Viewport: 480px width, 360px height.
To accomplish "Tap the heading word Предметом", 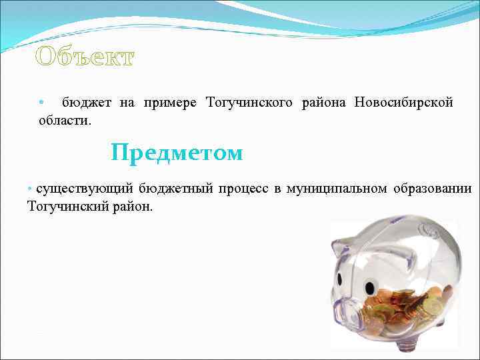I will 177,153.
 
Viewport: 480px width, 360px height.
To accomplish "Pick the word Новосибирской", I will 404,103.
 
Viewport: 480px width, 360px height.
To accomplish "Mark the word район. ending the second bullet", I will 134,207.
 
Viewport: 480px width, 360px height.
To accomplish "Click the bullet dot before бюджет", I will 41,103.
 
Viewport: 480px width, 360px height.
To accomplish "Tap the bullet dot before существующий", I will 30,189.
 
